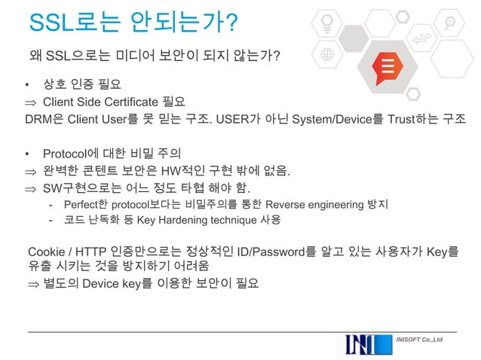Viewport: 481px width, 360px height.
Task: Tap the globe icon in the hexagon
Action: click(326, 56)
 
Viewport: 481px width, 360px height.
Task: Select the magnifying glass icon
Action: click(449, 20)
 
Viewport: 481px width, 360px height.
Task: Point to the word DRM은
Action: click(43, 119)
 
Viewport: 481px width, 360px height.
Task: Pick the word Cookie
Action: click(44, 251)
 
